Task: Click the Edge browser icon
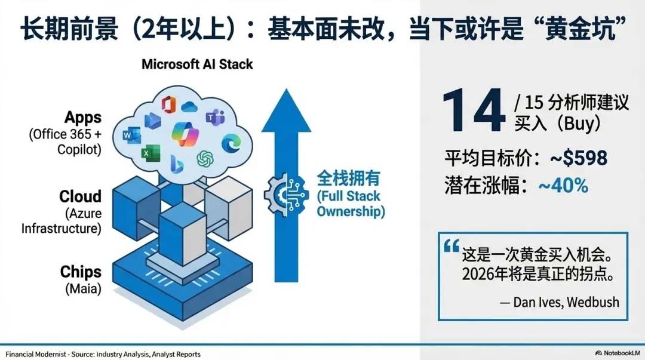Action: [230, 144]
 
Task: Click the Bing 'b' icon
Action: [176, 162]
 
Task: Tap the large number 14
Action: [474, 112]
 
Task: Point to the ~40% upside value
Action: [563, 186]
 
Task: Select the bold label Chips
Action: [81, 272]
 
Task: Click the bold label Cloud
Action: [80, 197]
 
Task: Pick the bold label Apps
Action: [83, 117]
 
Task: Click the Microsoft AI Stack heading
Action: [197, 64]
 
